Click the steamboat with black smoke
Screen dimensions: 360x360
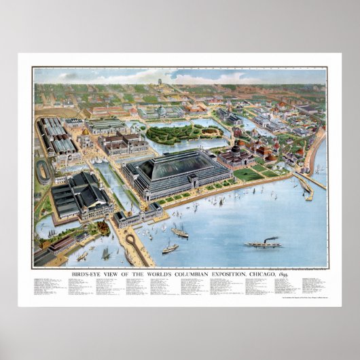click(x=263, y=242)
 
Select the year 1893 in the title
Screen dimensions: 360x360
click(x=277, y=272)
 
